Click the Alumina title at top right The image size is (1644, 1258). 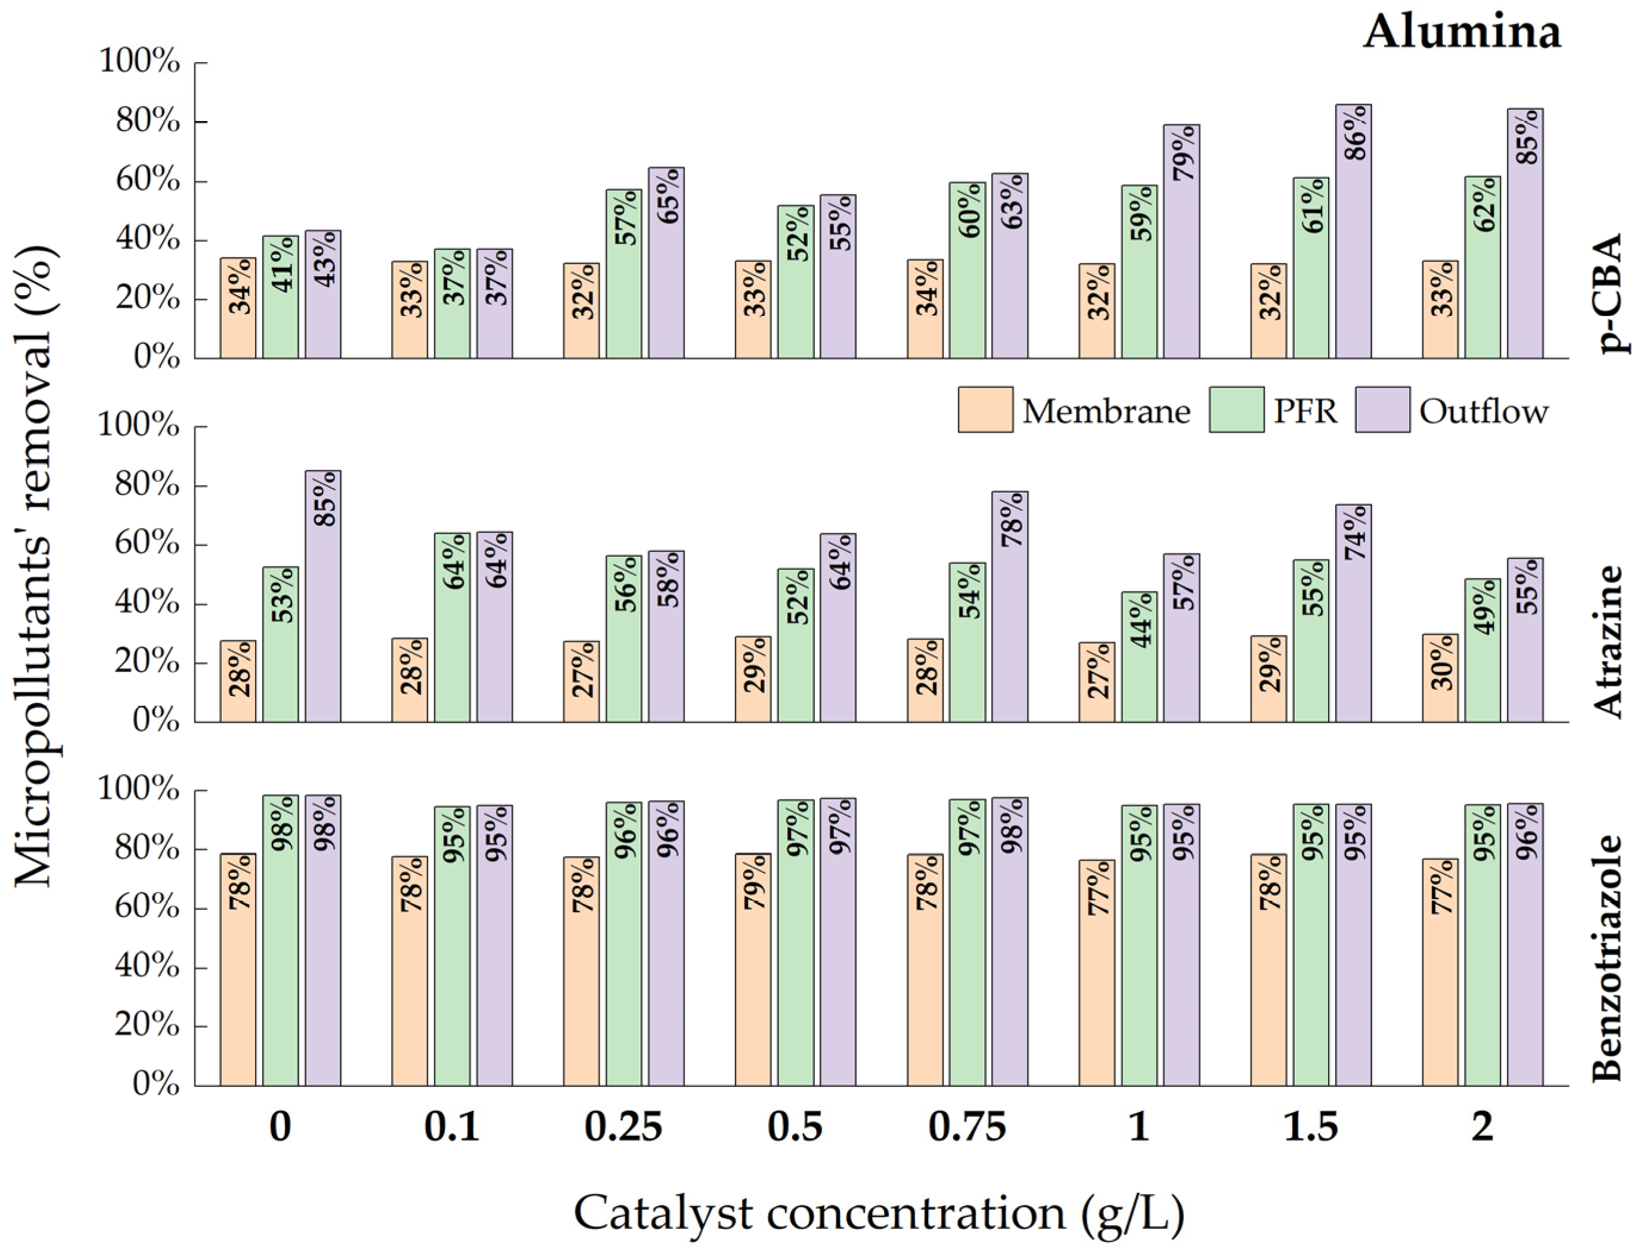coord(1462,33)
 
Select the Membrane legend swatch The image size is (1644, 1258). coord(985,410)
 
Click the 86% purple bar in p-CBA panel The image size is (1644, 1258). coord(1354,232)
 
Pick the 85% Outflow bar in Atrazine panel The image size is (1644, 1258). coord(322,597)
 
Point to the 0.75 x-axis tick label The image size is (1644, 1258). coord(967,1127)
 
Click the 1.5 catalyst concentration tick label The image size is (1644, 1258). coord(1311,1127)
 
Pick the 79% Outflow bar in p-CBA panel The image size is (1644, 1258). coord(1181,243)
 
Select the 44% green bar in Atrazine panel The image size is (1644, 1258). coord(1139,658)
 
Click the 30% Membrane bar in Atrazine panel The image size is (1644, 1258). coord(1440,679)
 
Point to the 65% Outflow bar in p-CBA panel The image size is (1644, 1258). coord(666,264)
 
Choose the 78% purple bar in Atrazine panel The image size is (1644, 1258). coord(1010,608)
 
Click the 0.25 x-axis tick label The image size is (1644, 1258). coord(624,1127)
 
